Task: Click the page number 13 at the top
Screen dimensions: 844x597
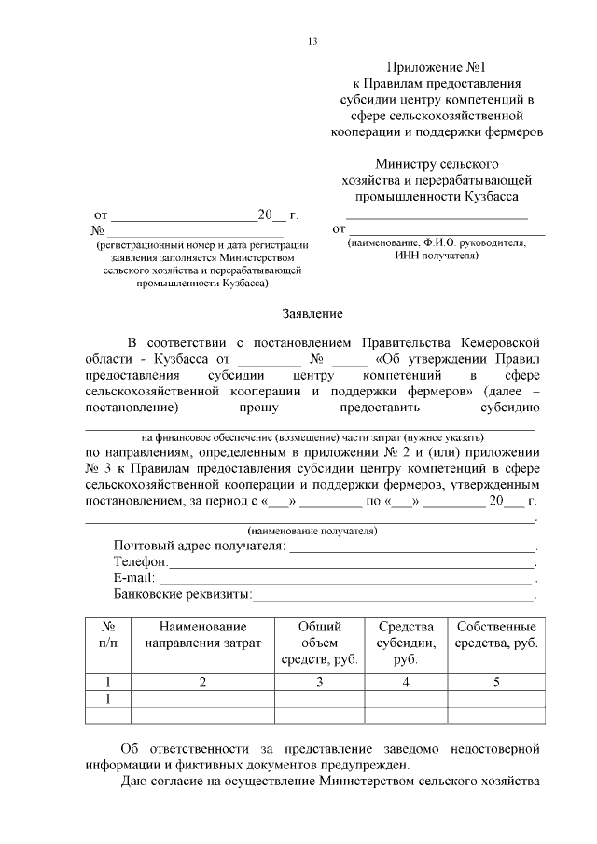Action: tap(312, 41)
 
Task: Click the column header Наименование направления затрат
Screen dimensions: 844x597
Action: tap(202, 635)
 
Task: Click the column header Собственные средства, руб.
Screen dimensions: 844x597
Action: tap(496, 635)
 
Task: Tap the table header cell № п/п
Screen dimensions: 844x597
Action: tap(107, 635)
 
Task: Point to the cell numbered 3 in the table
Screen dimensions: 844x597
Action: tap(319, 682)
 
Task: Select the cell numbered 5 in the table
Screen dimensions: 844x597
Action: tap(496, 682)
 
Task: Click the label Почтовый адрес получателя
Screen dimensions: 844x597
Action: tap(198, 546)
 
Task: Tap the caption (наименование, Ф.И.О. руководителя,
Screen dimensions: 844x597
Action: tap(437, 242)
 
